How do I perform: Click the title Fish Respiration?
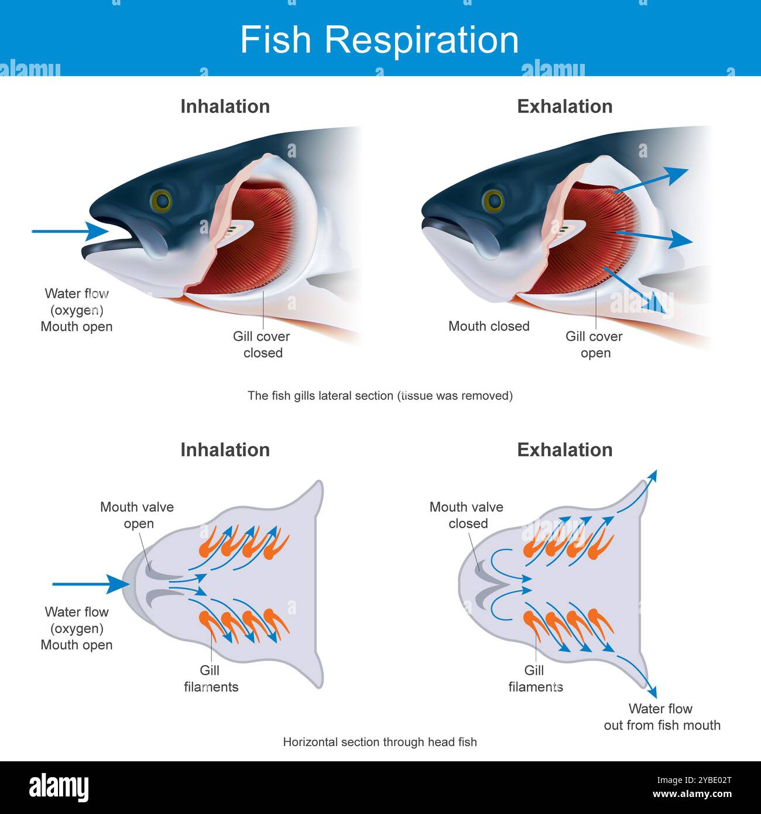click(x=379, y=40)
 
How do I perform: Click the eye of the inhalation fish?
click(x=161, y=201)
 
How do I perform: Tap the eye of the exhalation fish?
click(x=493, y=200)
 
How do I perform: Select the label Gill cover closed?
click(x=262, y=344)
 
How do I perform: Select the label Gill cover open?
click(x=594, y=344)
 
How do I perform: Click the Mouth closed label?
click(x=489, y=326)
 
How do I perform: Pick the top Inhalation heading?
click(x=225, y=107)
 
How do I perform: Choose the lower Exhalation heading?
click(x=565, y=450)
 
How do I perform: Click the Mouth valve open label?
click(x=137, y=515)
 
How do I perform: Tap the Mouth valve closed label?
click(x=467, y=515)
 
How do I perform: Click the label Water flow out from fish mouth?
click(x=661, y=717)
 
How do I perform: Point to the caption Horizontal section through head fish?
click(x=380, y=742)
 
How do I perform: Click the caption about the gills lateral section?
click(x=380, y=396)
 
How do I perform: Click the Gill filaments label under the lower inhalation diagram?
click(x=211, y=679)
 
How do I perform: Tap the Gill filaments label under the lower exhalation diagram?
click(x=535, y=679)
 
